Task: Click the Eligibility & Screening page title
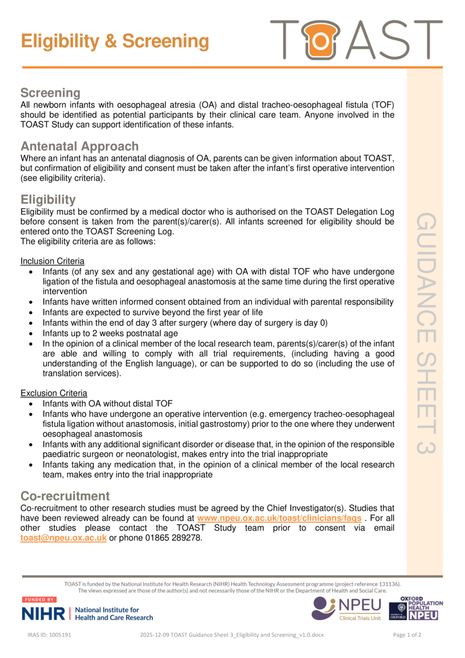pyautogui.click(x=115, y=42)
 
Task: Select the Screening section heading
pyautogui.click(x=50, y=93)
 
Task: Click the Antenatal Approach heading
pyautogui.click(x=80, y=146)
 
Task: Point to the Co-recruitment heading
pyautogui.click(x=65, y=496)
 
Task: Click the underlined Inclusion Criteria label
pyautogui.click(x=52, y=261)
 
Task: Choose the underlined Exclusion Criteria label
pyautogui.click(x=53, y=393)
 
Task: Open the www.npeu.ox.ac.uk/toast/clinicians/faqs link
pyautogui.click(x=279, y=518)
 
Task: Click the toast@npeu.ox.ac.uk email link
pyautogui.click(x=63, y=538)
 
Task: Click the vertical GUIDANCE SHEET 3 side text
pyautogui.click(x=426, y=333)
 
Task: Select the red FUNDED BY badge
pyautogui.click(x=38, y=600)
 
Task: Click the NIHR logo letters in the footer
pyautogui.click(x=43, y=614)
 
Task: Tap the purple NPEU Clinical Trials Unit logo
pyautogui.click(x=346, y=608)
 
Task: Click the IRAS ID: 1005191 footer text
pyautogui.click(x=49, y=635)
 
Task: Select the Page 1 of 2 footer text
pyautogui.click(x=407, y=635)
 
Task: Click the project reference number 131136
pyautogui.click(x=388, y=584)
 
